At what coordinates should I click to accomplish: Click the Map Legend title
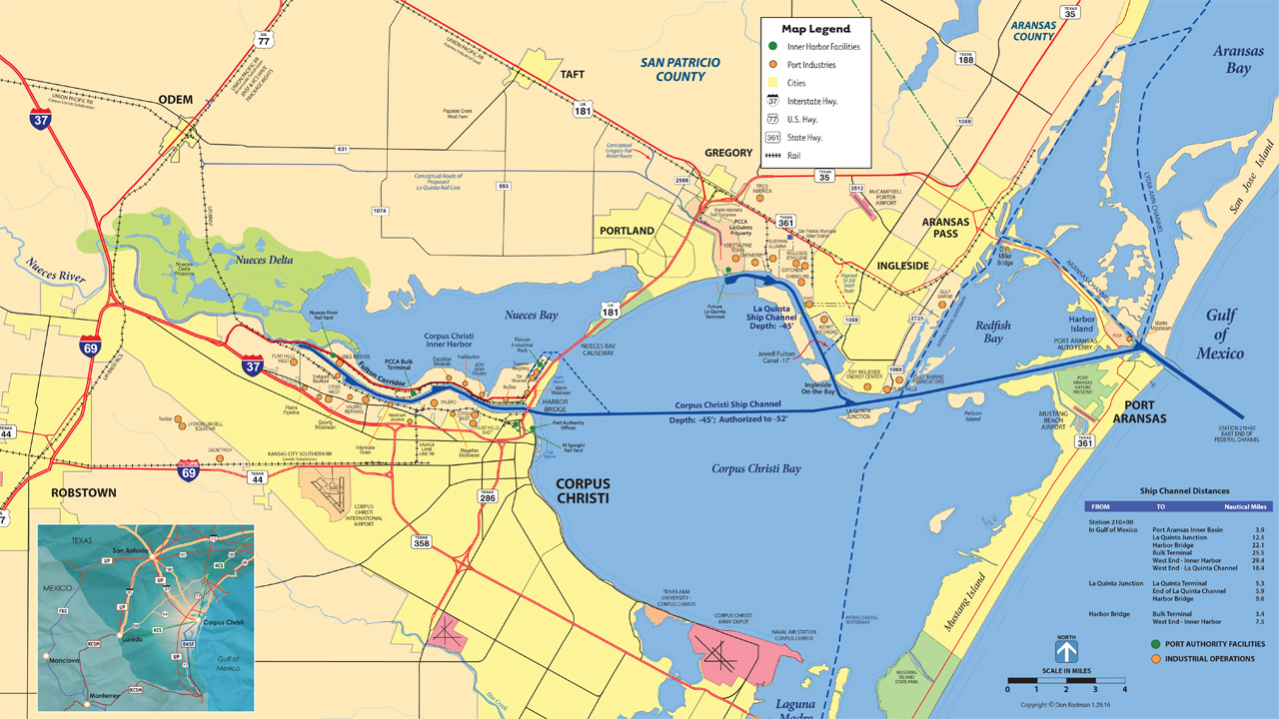pos(815,29)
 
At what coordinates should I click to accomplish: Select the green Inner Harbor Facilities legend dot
pos(772,47)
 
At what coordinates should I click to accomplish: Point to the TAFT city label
pos(572,75)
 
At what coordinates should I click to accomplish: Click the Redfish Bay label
pos(993,332)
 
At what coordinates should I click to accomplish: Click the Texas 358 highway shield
pos(422,541)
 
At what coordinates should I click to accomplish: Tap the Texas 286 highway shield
pos(487,496)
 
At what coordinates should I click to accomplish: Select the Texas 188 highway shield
pos(965,58)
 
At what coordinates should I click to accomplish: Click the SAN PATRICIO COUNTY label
pos(679,69)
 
